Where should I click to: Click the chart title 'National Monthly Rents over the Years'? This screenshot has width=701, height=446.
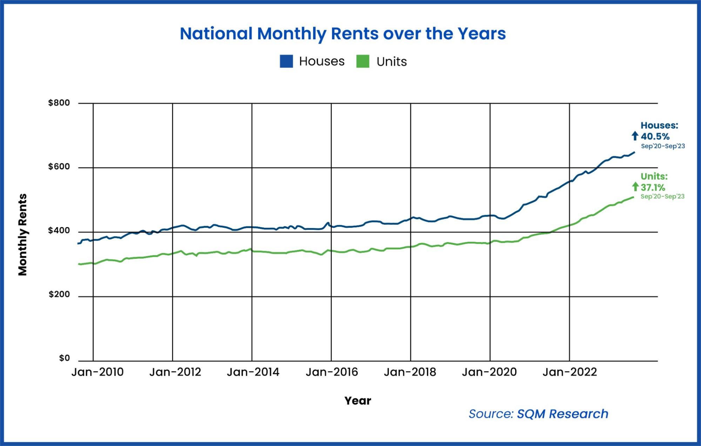point(343,34)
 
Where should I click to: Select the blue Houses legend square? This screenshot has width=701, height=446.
point(286,61)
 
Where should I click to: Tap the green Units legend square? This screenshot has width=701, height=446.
point(363,61)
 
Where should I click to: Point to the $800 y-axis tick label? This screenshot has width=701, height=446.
point(59,103)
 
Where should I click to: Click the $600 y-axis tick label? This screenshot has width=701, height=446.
point(59,167)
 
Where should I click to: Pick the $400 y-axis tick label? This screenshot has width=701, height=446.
point(59,231)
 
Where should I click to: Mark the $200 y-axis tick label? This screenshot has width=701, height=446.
point(59,295)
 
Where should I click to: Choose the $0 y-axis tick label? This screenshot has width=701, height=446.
point(64,358)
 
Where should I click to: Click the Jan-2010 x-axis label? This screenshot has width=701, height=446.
point(97,372)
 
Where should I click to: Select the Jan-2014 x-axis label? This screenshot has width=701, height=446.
point(253,372)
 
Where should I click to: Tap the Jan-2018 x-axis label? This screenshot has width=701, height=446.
point(410,372)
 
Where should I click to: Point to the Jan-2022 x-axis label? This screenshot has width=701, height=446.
point(569,372)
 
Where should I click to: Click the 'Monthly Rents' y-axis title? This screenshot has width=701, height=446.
point(23,235)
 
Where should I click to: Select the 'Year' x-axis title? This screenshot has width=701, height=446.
point(357,401)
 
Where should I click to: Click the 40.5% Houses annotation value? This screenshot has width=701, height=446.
point(655,136)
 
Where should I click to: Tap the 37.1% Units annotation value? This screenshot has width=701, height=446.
point(653,187)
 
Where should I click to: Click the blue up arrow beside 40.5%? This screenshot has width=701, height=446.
point(635,136)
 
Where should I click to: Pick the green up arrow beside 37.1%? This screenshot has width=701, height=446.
point(635,187)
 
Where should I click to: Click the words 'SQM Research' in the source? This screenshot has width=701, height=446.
point(562,414)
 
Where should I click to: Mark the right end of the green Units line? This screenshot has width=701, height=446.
point(633,197)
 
